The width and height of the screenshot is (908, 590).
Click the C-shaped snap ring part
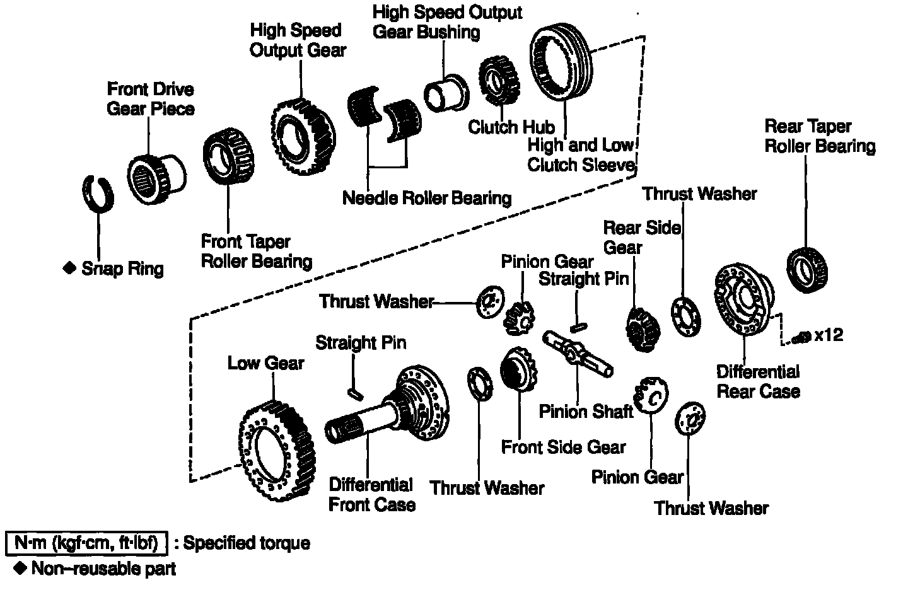tap(98, 192)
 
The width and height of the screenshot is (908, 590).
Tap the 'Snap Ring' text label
tap(122, 269)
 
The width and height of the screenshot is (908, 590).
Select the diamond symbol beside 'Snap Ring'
tap(69, 268)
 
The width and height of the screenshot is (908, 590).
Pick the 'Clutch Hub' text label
tap(511, 127)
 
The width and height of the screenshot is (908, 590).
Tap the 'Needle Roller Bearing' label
tap(426, 198)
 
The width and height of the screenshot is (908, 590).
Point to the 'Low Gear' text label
tap(265, 363)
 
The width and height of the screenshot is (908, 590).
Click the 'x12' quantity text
tap(828, 335)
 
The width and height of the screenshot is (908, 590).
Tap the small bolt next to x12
tap(802, 338)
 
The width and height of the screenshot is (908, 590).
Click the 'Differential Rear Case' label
tap(758, 381)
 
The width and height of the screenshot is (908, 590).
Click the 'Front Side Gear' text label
tap(563, 448)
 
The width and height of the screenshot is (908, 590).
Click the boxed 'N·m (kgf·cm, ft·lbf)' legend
tap(86, 543)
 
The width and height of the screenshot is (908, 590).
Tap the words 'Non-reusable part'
tap(103, 569)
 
